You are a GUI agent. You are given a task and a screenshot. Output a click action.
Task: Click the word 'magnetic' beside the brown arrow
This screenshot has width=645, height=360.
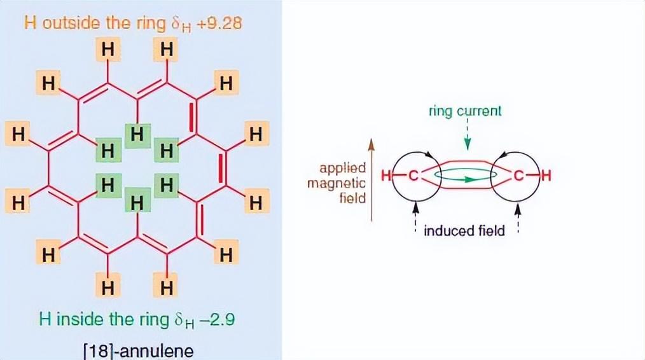pos(337,183)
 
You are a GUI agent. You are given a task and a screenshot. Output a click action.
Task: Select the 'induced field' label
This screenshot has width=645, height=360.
pos(464,230)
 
